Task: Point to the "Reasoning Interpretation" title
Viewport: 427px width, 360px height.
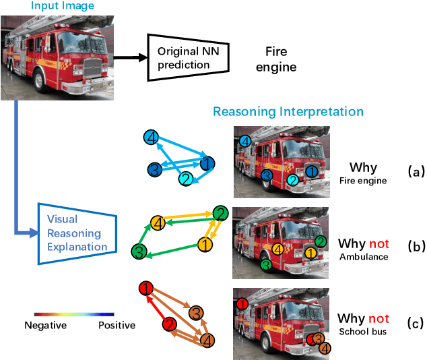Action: click(288, 111)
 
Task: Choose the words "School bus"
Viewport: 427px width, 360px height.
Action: click(363, 332)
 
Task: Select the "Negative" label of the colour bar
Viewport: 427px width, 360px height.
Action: click(45, 326)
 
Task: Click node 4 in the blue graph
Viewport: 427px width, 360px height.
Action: click(152, 138)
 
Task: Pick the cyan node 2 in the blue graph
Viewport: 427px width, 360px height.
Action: click(186, 179)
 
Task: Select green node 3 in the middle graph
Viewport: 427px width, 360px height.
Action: click(139, 252)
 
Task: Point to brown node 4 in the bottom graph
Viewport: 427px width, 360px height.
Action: click(207, 340)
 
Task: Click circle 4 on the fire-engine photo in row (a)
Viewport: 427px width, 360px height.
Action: click(245, 141)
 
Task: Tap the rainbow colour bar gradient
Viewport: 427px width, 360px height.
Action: click(74, 314)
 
